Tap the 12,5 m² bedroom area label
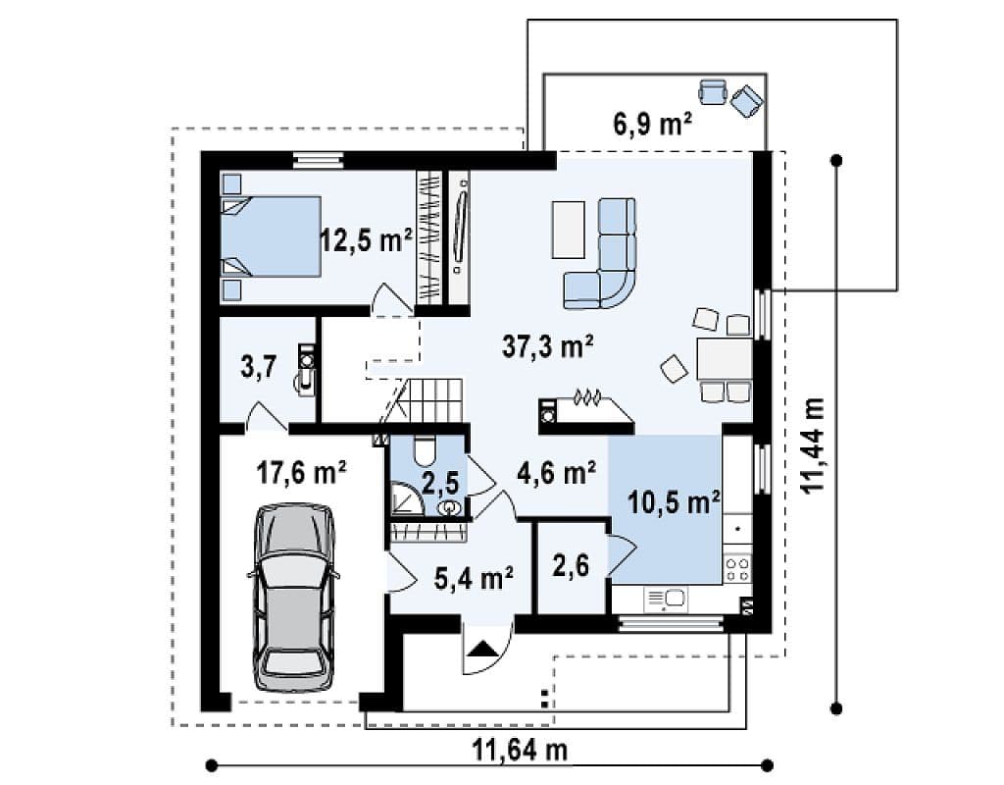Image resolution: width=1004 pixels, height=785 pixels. coord(367,241)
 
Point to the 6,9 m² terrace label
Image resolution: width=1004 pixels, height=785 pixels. coord(652,123)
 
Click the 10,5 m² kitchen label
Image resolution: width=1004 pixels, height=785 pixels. coord(674,503)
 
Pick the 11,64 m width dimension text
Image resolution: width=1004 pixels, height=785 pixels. coord(520,749)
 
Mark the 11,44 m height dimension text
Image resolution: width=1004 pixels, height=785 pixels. coord(812,445)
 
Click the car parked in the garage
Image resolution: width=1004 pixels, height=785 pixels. coord(294,598)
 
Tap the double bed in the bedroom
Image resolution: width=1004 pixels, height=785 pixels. coord(271,236)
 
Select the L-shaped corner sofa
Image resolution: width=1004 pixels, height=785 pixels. coord(602,254)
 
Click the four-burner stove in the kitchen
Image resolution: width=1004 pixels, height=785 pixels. coord(737,569)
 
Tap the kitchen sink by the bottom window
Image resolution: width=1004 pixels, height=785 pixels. coord(667,600)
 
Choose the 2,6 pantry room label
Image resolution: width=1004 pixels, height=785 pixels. coord(571,566)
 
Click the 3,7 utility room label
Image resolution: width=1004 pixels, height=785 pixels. coord(259,368)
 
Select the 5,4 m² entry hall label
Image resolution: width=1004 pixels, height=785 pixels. coord(474,579)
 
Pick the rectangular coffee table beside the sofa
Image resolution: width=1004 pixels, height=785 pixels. coord(568,230)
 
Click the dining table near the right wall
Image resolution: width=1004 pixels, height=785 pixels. coord(725,359)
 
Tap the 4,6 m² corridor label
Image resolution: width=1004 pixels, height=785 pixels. coord(557,475)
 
